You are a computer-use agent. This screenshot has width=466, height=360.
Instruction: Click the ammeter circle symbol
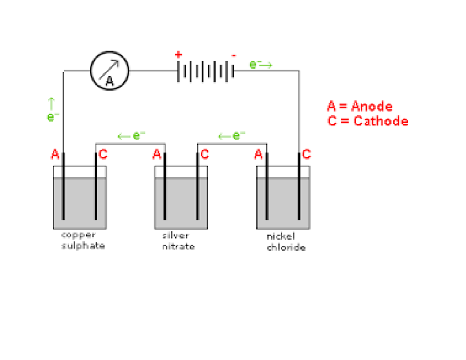tap(110, 71)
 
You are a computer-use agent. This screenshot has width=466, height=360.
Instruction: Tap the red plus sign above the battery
tap(178, 55)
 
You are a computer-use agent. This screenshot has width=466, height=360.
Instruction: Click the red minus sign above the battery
tap(234, 56)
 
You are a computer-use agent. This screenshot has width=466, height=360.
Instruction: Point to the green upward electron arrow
tap(51, 104)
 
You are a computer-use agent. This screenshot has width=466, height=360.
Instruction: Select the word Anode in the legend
tap(372, 106)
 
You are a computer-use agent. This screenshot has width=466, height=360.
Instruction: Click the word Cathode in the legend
tap(381, 121)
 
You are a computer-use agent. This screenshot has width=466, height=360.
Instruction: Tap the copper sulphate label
tap(83, 240)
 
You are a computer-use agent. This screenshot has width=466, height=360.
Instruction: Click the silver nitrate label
tap(178, 241)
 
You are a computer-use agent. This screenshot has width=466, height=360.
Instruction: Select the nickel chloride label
tap(286, 242)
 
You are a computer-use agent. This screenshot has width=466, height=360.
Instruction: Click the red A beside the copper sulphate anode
tap(55, 154)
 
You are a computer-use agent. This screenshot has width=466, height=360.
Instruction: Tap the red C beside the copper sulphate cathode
tap(103, 154)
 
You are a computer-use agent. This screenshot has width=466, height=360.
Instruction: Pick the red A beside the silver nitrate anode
tap(157, 154)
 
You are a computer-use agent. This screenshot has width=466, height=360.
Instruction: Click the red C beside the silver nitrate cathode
tap(205, 154)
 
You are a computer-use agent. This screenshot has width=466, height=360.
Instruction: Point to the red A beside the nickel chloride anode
tap(258, 154)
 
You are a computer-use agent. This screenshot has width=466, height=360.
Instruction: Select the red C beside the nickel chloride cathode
tap(306, 154)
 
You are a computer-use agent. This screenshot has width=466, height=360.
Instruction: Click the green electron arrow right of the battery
tap(266, 65)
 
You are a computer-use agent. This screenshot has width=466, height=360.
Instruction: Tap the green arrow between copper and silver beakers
tap(124, 136)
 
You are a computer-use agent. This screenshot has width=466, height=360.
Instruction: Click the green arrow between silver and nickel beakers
tap(224, 136)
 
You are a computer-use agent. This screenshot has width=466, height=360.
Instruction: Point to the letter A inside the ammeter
tap(110, 81)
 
